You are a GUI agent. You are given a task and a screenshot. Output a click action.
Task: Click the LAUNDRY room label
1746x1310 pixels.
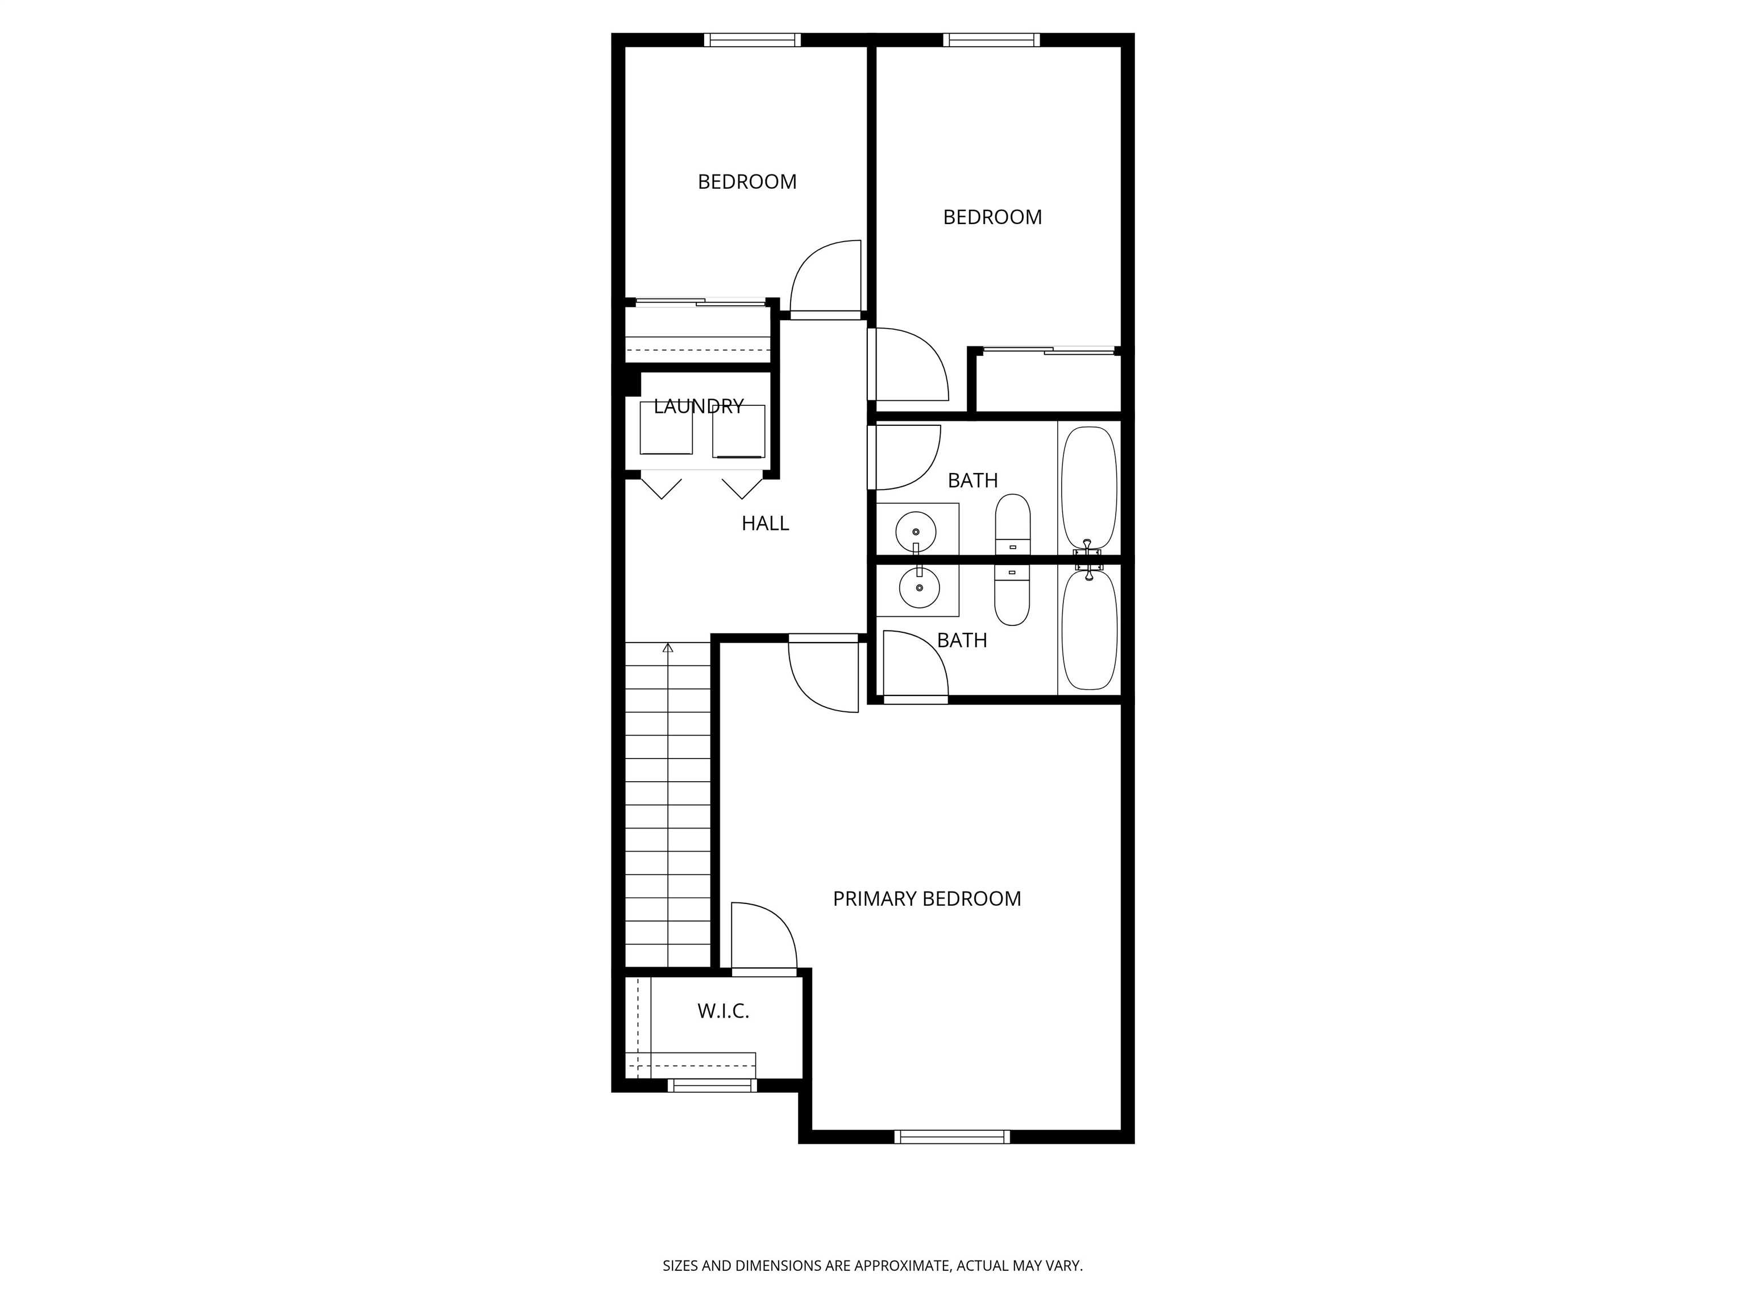pos(699,406)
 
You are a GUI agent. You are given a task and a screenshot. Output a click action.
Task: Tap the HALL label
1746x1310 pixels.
pos(765,524)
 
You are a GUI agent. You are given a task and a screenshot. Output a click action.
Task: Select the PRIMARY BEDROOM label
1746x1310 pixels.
pos(926,898)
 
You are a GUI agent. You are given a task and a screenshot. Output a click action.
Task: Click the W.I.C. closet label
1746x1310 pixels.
pos(723,1011)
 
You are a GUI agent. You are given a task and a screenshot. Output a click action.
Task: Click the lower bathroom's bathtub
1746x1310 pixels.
pos(1090,630)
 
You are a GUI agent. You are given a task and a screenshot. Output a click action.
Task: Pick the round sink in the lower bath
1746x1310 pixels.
pos(919,587)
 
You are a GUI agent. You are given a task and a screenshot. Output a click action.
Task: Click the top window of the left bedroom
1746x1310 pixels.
pos(753,39)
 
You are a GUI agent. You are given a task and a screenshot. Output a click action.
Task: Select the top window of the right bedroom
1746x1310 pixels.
pos(991,39)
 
